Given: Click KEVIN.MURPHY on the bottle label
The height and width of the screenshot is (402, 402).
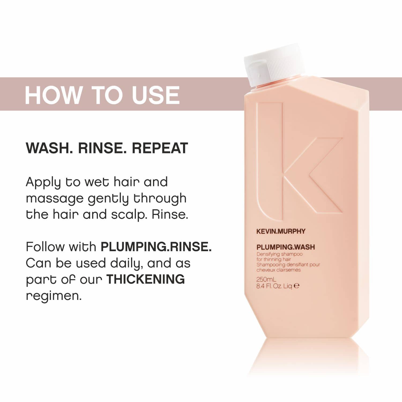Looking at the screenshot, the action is pyautogui.click(x=281, y=231).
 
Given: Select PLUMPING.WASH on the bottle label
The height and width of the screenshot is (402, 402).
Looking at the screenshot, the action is pyautogui.click(x=285, y=247).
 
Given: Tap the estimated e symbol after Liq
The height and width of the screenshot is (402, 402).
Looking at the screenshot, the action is pyautogui.click(x=296, y=286).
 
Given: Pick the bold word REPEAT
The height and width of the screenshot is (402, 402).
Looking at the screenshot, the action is pyautogui.click(x=160, y=148).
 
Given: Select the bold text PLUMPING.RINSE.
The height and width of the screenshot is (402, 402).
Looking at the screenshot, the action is pyautogui.click(x=156, y=247).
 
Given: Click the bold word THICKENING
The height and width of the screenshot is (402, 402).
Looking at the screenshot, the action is pyautogui.click(x=146, y=279).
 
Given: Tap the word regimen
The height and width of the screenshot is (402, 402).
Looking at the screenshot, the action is pyautogui.click(x=54, y=296).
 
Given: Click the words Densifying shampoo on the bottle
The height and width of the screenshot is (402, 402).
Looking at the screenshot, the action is pyautogui.click(x=280, y=254).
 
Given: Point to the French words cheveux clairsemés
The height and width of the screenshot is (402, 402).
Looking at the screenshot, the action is pyautogui.click(x=279, y=270).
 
